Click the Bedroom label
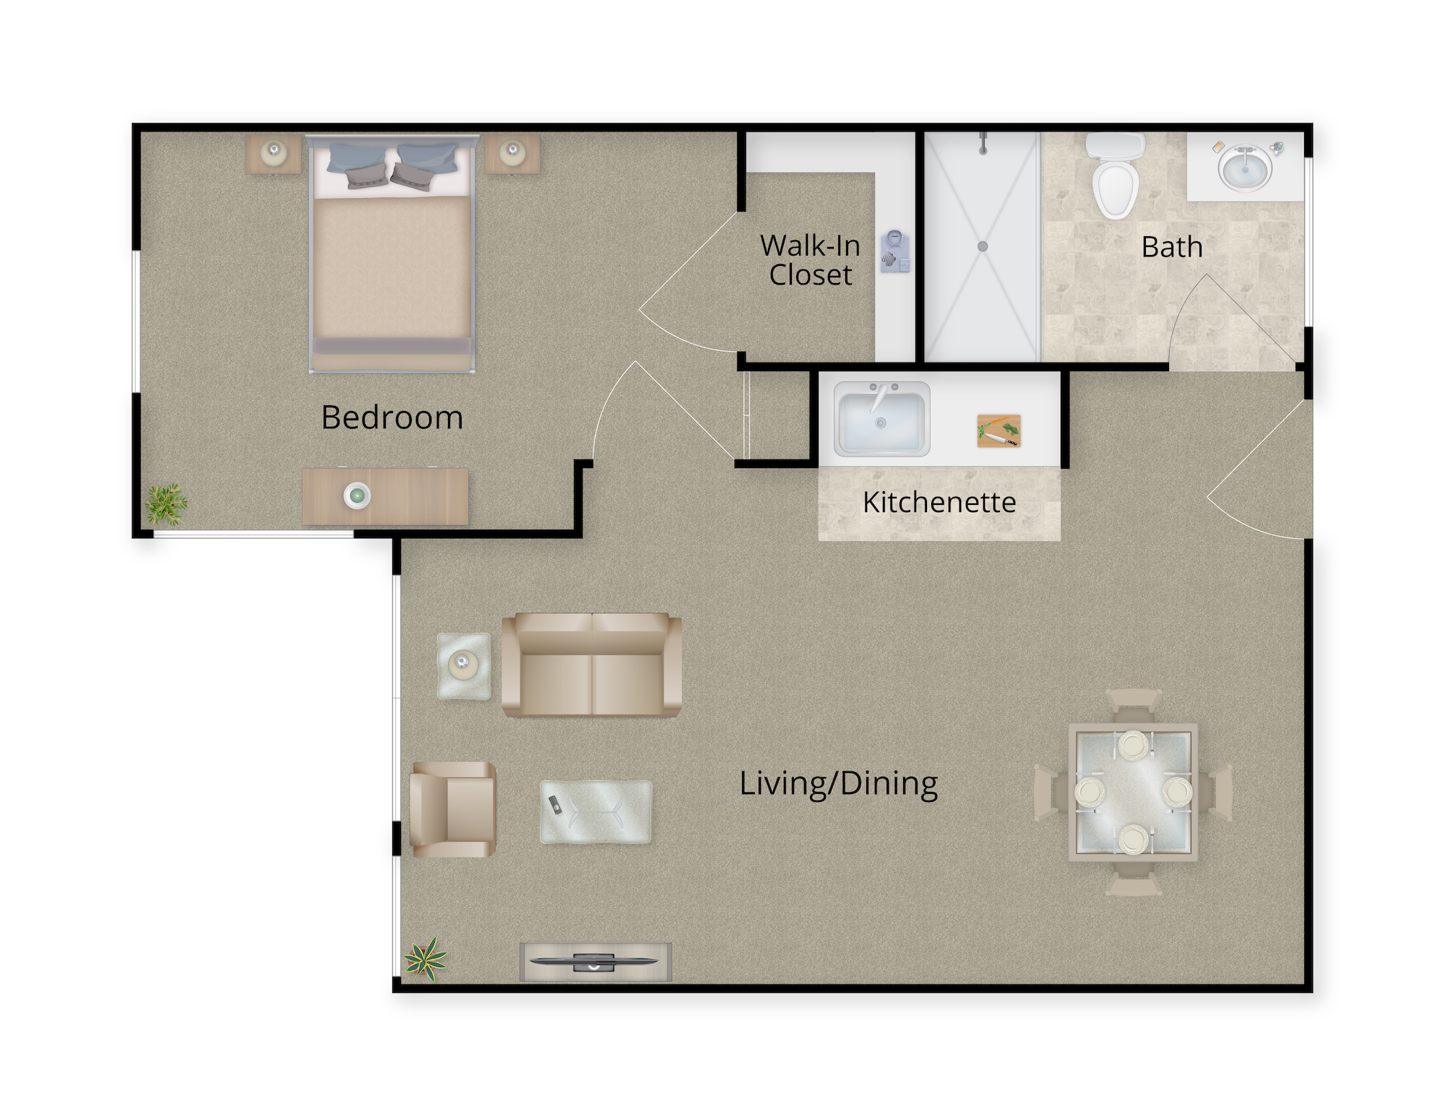[392, 418]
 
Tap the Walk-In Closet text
[810, 260]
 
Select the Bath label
[1172, 247]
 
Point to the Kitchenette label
[939, 502]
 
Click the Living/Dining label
[838, 784]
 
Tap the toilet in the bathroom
[1116, 176]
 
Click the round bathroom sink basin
[1245, 168]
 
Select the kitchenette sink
[881, 419]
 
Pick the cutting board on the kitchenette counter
[999, 431]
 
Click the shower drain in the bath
[983, 246]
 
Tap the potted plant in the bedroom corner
[167, 503]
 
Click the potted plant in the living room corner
[426, 959]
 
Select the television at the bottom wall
[594, 961]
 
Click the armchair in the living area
[453, 809]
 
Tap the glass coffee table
[596, 811]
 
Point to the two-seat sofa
[592, 665]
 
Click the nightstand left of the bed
[274, 153]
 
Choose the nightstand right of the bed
[512, 153]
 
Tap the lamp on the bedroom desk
[357, 496]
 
